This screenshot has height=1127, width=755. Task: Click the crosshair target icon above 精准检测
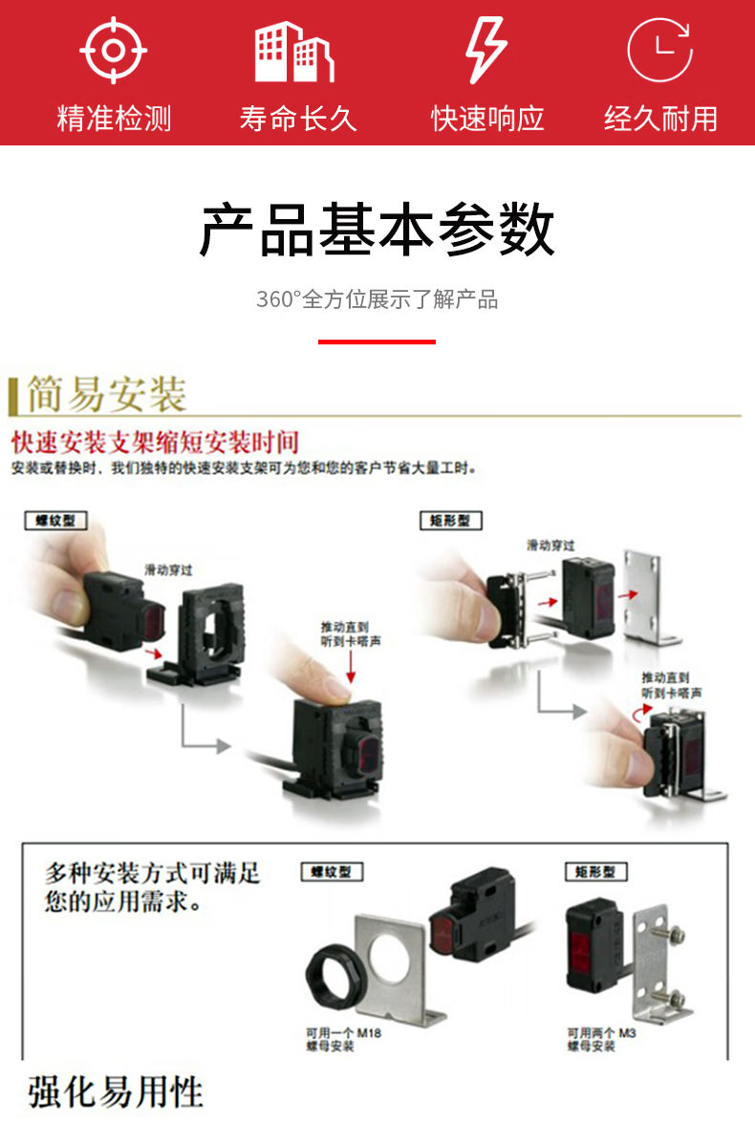pyautogui.click(x=114, y=51)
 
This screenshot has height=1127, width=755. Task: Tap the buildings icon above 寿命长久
pyautogui.click(x=294, y=52)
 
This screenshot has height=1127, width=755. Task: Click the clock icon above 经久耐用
pyautogui.click(x=659, y=51)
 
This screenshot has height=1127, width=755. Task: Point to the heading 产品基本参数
pyautogui.click(x=377, y=230)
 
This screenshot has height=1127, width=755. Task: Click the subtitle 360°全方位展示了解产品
pyautogui.click(x=377, y=299)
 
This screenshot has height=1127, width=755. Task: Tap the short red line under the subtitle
pyautogui.click(x=377, y=342)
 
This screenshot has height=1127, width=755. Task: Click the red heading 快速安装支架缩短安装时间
pyautogui.click(x=155, y=442)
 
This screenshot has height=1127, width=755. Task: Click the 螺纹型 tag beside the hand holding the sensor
pyautogui.click(x=56, y=520)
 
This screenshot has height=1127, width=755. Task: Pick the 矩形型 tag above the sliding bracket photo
pyautogui.click(x=451, y=520)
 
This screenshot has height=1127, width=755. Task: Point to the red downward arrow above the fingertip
pyautogui.click(x=351, y=666)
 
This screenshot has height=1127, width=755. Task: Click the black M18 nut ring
pyautogui.click(x=336, y=975)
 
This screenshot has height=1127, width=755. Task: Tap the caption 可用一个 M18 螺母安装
pyautogui.click(x=344, y=1039)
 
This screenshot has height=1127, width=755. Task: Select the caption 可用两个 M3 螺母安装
pyautogui.click(x=601, y=1039)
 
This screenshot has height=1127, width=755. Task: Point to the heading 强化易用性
pyautogui.click(x=116, y=1093)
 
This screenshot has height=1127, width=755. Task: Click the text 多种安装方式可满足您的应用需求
pyautogui.click(x=152, y=887)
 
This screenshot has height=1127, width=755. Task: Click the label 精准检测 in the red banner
pyautogui.click(x=114, y=119)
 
